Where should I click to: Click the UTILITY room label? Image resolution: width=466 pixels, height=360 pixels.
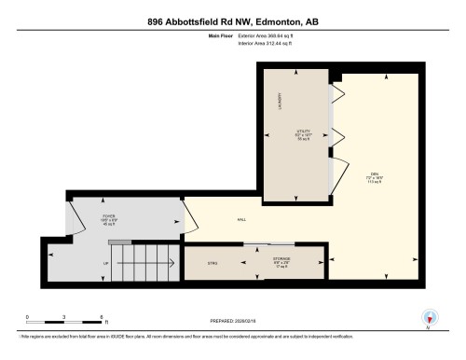303,135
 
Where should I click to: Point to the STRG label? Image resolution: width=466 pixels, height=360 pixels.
212,264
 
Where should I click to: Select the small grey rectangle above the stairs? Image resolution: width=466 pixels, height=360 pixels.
120,242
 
